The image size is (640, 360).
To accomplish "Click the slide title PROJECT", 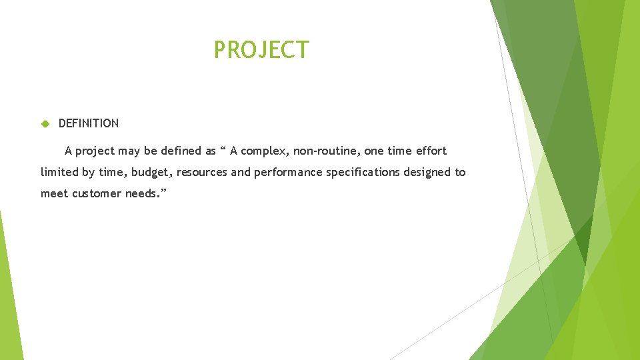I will [x=261, y=50].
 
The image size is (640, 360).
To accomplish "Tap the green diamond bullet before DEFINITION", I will [x=45, y=123].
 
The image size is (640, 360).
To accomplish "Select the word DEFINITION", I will [x=89, y=123].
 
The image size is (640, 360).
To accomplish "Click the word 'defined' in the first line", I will [x=179, y=151].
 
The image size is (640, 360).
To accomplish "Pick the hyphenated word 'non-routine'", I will [x=328, y=151].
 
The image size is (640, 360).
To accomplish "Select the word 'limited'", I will [x=59, y=172].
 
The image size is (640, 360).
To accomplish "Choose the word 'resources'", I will [x=203, y=172].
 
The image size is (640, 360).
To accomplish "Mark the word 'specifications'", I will [x=363, y=173].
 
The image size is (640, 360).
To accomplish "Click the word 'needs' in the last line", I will [x=140, y=193].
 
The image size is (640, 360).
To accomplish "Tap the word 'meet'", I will [x=53, y=193].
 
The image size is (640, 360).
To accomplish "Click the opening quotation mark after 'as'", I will [x=223, y=149].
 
